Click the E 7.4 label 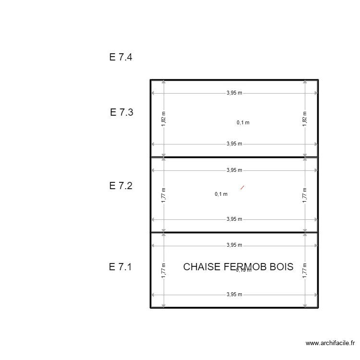pyautogui.click(x=120, y=57)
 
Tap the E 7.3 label pyautogui.click(x=121, y=112)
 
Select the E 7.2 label pyautogui.click(x=120, y=186)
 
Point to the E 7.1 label pyautogui.click(x=120, y=267)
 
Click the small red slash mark pyautogui.click(x=242, y=188)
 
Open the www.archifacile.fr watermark pyautogui.click(x=330, y=343)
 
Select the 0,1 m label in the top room pyautogui.click(x=243, y=122)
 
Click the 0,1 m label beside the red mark pyautogui.click(x=221, y=194)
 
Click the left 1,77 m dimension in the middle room pyautogui.click(x=164, y=195)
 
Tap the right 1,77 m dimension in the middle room pyautogui.click(x=305, y=195)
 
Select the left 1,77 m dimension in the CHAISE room pyautogui.click(x=164, y=270)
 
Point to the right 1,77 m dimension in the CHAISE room pyautogui.click(x=305, y=270)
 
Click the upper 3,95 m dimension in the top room pyautogui.click(x=234, y=93)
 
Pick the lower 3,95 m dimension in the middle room pyautogui.click(x=234, y=219)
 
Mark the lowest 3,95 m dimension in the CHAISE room pyautogui.click(x=234, y=295)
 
